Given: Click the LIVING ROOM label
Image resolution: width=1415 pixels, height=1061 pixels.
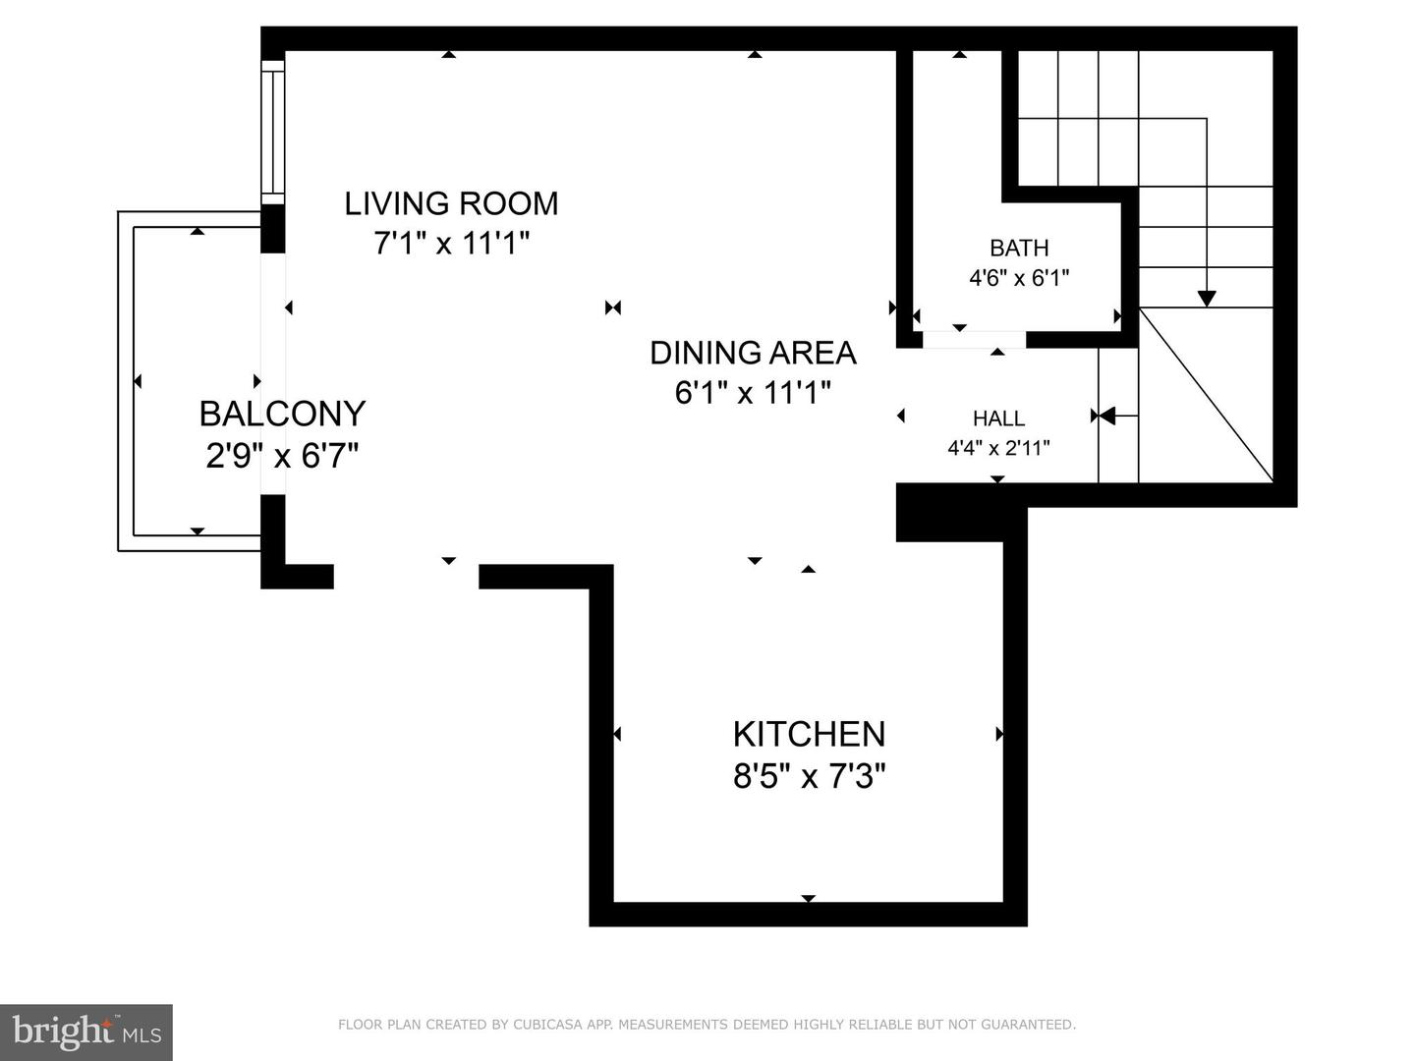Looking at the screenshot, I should [x=451, y=203].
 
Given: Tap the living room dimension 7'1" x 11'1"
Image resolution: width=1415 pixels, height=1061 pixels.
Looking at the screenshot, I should [x=451, y=243].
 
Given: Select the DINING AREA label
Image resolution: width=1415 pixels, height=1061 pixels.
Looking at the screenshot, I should [x=753, y=353].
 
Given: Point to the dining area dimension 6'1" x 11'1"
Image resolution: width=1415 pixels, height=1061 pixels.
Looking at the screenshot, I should [x=753, y=393].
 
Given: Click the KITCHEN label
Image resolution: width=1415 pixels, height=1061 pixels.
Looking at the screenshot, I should [x=809, y=734].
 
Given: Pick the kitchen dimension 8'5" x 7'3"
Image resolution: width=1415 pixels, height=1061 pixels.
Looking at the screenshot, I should [x=809, y=777].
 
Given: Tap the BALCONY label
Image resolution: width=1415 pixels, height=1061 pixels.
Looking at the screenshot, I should [x=282, y=414].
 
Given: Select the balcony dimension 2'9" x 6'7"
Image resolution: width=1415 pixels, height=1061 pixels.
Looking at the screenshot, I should [x=282, y=456].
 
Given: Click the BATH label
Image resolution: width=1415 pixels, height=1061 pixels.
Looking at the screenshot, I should [x=1019, y=248].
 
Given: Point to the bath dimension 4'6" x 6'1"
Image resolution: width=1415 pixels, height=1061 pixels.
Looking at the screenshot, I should [x=1019, y=278].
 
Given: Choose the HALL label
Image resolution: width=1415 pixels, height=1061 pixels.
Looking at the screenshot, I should [x=998, y=419].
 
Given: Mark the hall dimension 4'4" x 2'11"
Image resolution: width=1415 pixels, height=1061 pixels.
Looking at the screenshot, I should [x=998, y=449].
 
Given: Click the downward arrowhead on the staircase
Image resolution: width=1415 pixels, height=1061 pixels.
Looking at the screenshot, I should [x=1207, y=299].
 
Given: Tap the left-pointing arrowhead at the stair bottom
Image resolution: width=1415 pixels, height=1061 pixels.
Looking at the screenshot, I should [x=1106, y=417].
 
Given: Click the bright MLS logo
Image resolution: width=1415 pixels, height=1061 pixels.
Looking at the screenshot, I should [x=86, y=1032].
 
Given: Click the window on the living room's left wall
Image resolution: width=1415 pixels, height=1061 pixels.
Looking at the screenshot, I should [x=272, y=132].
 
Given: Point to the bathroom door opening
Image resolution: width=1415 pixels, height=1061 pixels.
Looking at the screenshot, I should [x=974, y=340].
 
